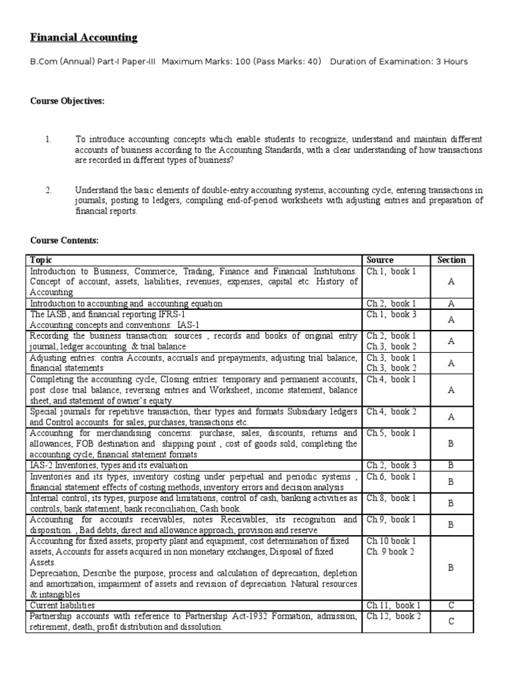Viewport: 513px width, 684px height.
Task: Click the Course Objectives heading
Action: point(67,101)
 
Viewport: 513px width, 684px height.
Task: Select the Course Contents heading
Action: point(64,240)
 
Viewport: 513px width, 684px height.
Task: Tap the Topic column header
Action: point(41,260)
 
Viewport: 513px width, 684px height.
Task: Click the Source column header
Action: point(380,260)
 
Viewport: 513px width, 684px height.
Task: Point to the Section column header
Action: point(451,260)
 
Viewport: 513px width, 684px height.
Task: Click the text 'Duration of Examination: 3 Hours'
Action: point(399,61)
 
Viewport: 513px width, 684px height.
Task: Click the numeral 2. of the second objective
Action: point(49,190)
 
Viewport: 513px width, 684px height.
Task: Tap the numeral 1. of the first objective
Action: point(49,139)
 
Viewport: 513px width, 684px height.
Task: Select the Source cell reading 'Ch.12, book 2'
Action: point(393,616)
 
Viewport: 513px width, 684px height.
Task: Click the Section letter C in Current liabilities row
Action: point(451,605)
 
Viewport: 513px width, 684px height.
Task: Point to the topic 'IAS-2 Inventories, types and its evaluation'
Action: point(108,465)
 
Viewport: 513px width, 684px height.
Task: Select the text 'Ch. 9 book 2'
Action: point(391,552)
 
